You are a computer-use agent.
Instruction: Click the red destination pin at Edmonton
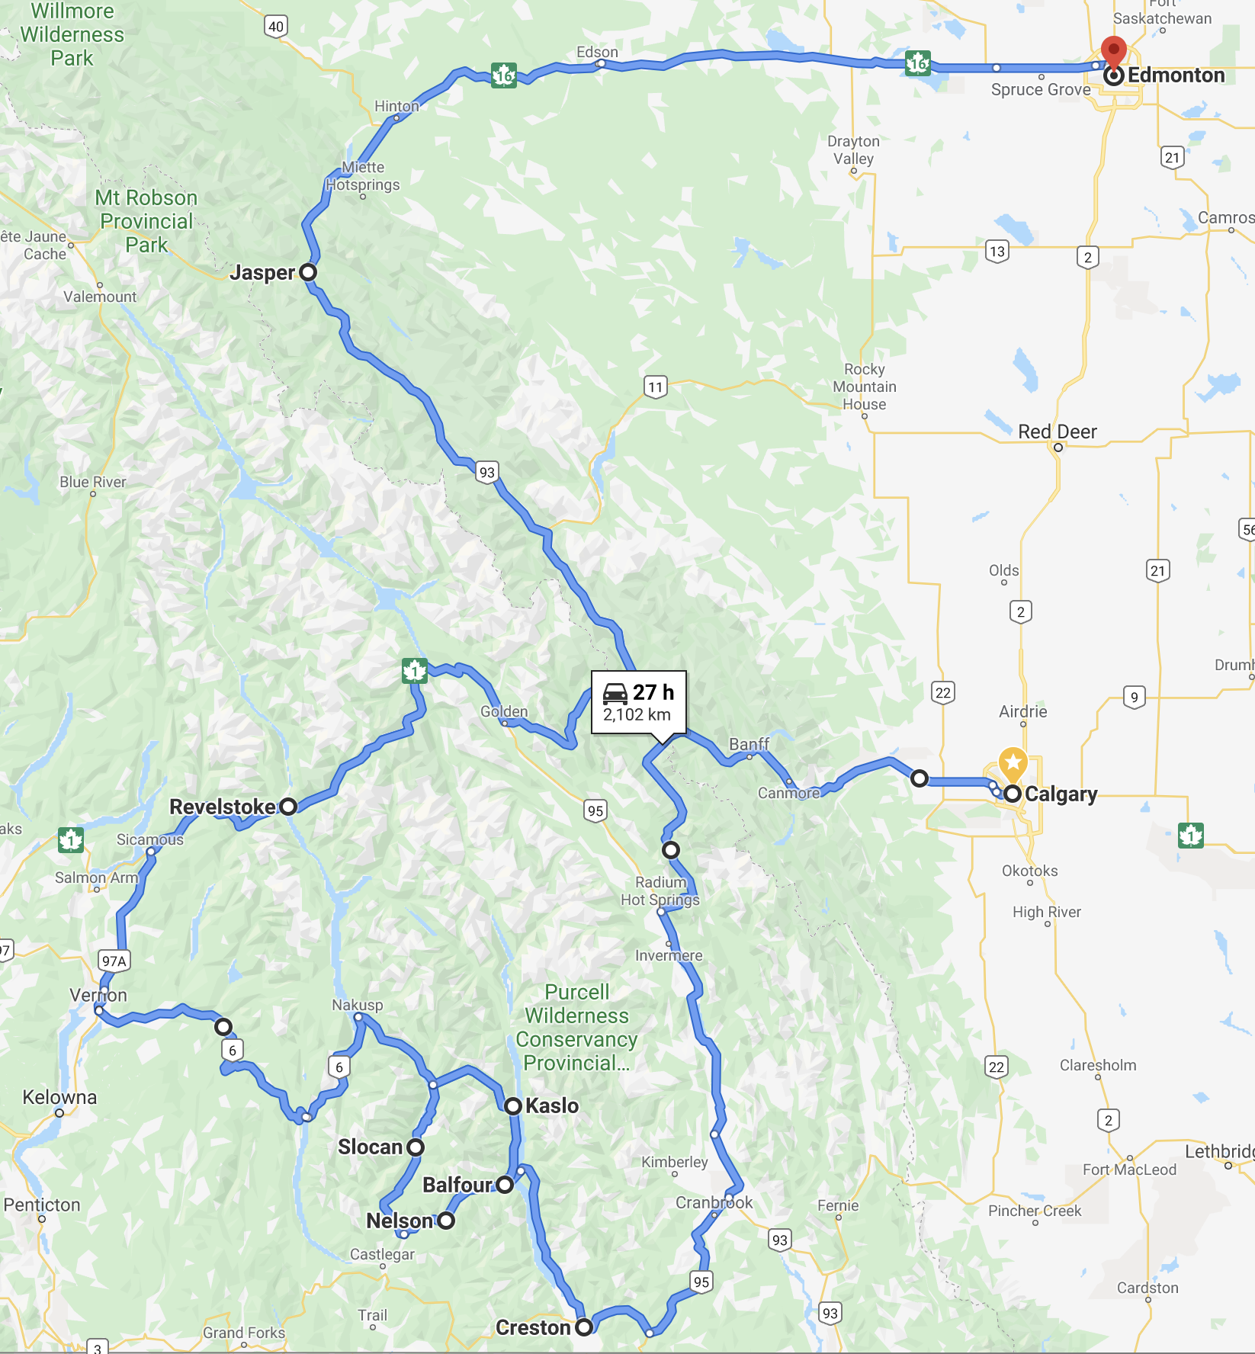[1114, 51]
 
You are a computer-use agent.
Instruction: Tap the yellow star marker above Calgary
[1013, 762]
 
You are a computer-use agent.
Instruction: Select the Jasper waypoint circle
[308, 272]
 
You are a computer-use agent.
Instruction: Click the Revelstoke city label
[222, 807]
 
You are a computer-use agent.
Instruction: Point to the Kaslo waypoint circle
[513, 1106]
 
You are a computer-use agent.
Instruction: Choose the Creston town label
[533, 1328]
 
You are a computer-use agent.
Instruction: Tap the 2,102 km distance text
[637, 715]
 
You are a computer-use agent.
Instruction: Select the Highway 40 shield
[276, 27]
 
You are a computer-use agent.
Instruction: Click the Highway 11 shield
[655, 387]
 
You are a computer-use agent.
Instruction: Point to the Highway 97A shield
[114, 961]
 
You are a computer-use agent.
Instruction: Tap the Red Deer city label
[1057, 432]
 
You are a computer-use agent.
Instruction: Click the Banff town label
[749, 744]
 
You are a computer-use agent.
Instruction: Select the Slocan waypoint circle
[416, 1147]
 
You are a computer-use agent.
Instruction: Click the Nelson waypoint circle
[446, 1221]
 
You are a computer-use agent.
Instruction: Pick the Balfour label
[457, 1185]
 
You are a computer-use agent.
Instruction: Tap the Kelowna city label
[59, 1098]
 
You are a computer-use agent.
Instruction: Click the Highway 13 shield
[997, 252]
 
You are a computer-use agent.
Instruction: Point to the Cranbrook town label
[714, 1203]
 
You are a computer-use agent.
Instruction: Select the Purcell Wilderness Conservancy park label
[576, 1028]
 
